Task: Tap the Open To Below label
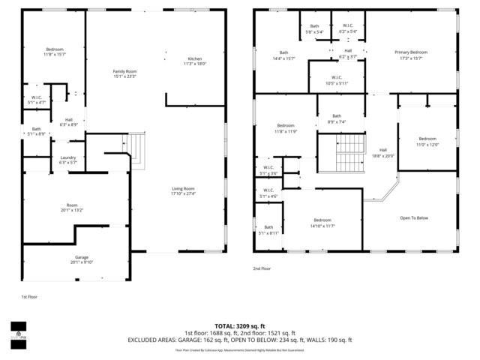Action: (414, 217)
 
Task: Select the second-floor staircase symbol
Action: (349, 155)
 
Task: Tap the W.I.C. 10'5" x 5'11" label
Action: (337, 80)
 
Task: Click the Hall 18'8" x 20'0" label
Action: (382, 153)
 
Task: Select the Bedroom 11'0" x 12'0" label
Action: (427, 142)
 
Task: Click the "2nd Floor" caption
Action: (262, 268)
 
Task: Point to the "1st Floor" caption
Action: (28, 297)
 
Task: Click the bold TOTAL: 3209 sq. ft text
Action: (239, 326)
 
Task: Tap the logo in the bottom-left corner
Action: (16, 329)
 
